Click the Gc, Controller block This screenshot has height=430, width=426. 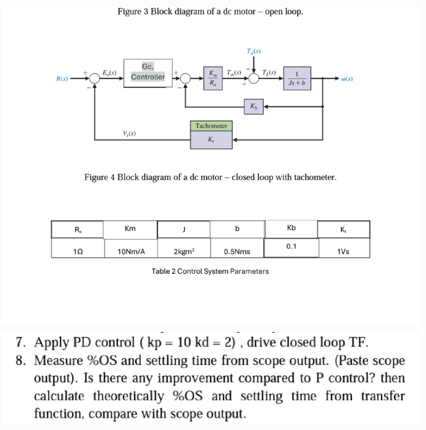(148, 72)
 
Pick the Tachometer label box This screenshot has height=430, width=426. (211, 126)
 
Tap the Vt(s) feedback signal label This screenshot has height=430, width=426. (129, 133)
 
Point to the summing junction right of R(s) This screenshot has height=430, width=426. (94, 79)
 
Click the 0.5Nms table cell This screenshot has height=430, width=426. (237, 251)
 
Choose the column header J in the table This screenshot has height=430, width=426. (183, 229)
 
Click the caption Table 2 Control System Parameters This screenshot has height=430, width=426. (210, 271)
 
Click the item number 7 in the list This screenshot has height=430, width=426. (22, 341)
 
